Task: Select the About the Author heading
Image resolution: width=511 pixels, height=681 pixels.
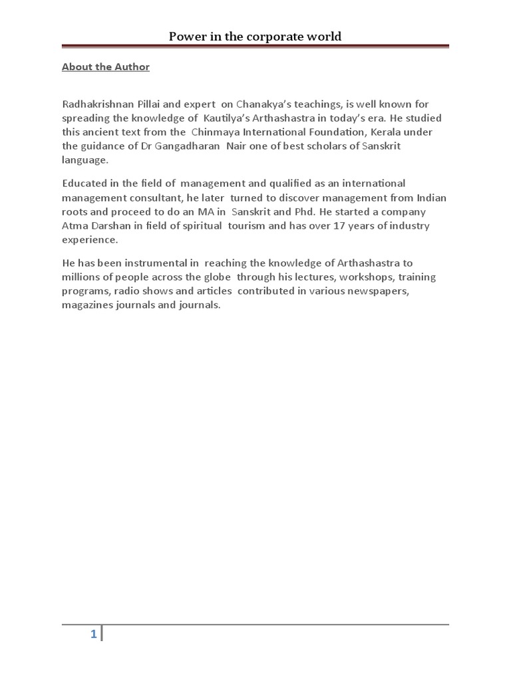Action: [x=106, y=67]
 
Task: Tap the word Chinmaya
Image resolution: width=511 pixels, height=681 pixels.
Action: [x=218, y=132]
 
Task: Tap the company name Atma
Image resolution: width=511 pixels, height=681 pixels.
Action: [x=74, y=225]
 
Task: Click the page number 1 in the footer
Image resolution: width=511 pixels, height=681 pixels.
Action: [x=94, y=635]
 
